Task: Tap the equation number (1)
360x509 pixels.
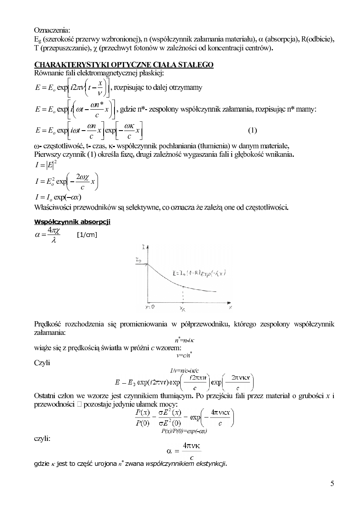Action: point(252,130)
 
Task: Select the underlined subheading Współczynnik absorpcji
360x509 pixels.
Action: point(73,222)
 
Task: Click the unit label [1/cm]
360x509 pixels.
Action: point(87,235)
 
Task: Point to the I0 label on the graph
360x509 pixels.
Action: point(138,261)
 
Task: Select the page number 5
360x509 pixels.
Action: point(332,484)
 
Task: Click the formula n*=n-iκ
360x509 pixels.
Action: point(185,341)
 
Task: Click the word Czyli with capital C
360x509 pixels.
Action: point(42,363)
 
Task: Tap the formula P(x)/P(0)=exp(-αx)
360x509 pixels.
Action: point(184,431)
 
